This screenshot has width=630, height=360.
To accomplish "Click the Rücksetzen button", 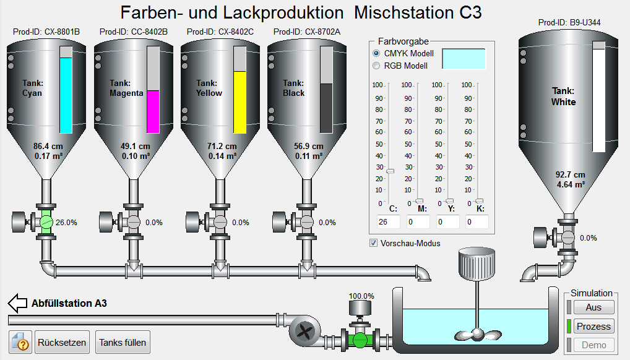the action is click(x=62, y=342).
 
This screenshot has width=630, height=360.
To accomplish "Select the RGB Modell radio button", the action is click(x=376, y=66).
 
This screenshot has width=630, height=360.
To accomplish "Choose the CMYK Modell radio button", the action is click(x=376, y=53).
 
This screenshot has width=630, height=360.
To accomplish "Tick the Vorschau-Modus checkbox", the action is click(x=374, y=243).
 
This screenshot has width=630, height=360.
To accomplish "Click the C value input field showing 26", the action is click(x=388, y=222).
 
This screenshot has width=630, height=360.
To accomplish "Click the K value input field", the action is click(x=477, y=222).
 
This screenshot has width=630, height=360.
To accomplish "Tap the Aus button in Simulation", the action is click(x=594, y=307).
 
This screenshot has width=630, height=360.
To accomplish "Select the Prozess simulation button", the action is click(x=594, y=326).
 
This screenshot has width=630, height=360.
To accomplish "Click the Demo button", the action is click(x=594, y=345).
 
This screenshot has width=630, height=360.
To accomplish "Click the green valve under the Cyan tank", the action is click(x=46, y=222).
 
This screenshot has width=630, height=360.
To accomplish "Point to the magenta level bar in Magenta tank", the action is click(x=153, y=112).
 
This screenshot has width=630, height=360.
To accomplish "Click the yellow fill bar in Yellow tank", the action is click(x=240, y=102).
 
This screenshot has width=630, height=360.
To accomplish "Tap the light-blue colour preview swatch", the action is click(x=464, y=59).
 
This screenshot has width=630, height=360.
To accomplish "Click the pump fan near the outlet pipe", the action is click(x=304, y=332).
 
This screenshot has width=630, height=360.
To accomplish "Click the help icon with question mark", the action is click(x=20, y=342).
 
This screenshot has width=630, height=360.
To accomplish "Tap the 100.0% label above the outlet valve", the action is click(x=361, y=296).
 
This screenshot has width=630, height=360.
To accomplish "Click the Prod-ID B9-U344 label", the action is click(x=569, y=22).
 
